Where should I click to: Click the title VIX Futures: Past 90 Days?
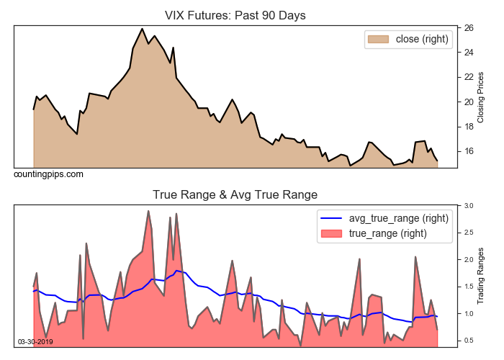point(235,15)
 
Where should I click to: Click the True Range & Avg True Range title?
point(235,194)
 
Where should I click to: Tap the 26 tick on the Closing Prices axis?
point(468,28)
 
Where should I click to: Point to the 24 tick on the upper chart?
point(468,53)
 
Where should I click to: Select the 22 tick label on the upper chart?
point(468,77)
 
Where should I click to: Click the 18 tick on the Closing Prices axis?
point(468,127)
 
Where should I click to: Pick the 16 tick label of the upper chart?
point(468,151)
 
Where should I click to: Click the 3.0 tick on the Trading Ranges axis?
point(469,206)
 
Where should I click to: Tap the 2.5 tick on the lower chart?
point(469,233)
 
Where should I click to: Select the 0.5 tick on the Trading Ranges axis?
point(469,341)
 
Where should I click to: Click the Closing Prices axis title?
point(481,97)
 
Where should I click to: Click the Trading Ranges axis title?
point(481,276)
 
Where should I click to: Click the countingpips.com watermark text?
point(48,174)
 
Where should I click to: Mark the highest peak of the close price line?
point(142,29)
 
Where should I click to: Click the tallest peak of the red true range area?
point(148,211)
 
